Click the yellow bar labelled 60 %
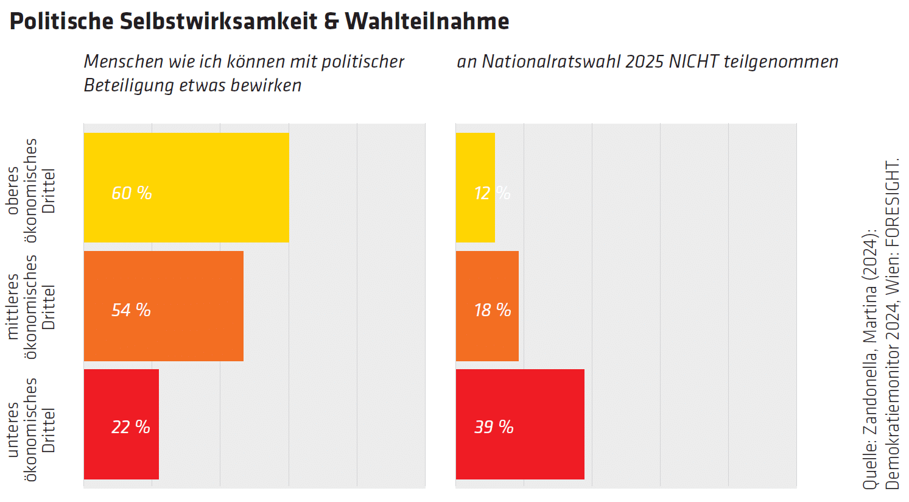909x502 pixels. (186, 188)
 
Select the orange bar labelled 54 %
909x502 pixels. (163, 306)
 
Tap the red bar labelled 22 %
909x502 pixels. (121, 424)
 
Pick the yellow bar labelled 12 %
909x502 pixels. (475, 188)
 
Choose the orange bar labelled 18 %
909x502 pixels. (487, 306)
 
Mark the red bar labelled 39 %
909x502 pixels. (520, 424)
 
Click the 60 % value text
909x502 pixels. (132, 193)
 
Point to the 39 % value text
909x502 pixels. (494, 427)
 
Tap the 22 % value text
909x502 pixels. (130, 427)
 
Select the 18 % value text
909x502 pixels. (493, 310)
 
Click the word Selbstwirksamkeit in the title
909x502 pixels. (219, 21)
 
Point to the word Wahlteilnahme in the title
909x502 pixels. (427, 21)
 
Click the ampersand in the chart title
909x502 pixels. (331, 21)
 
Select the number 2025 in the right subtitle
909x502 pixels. (645, 62)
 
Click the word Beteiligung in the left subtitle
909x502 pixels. (129, 85)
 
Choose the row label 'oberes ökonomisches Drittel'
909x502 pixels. (30, 190)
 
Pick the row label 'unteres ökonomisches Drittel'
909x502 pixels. (30, 429)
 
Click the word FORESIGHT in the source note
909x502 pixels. (892, 203)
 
